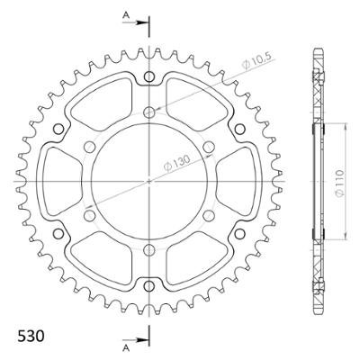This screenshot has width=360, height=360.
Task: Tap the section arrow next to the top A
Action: point(140,22)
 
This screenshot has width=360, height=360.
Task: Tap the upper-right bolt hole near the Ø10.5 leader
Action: point(209,146)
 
